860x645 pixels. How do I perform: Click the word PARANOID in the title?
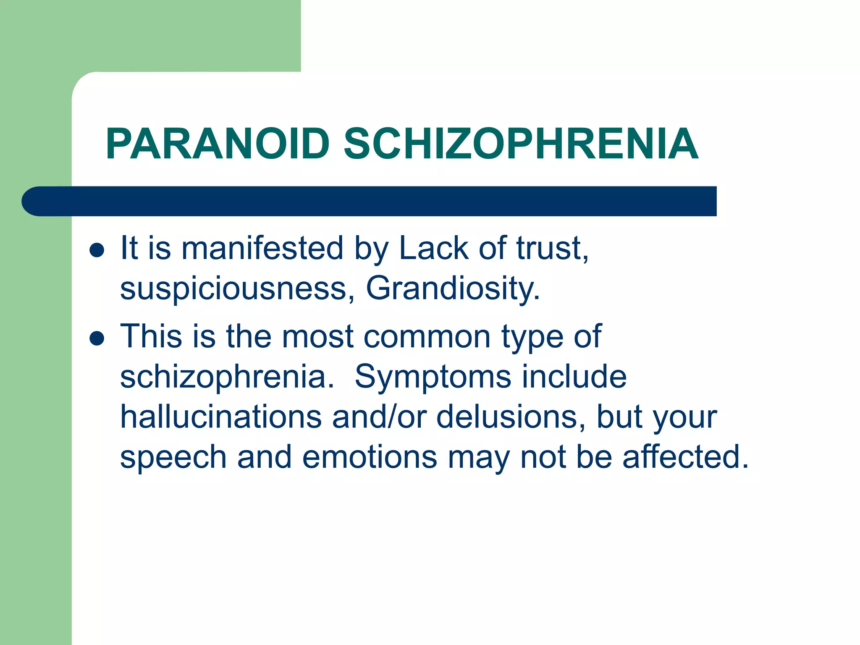[x=218, y=144]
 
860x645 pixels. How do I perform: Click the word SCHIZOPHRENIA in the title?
[x=521, y=144]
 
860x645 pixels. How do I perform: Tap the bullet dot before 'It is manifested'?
[x=97, y=250]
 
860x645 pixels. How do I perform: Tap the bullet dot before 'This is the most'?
[x=97, y=338]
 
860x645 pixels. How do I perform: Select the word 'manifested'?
[x=262, y=249]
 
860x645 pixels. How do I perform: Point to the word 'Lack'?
[x=433, y=249]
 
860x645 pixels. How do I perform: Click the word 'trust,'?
[x=552, y=249]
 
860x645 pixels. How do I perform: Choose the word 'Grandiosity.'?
[x=453, y=289]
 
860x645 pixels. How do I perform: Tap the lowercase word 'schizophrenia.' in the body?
[x=227, y=377]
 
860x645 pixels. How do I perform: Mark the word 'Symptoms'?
[x=433, y=377]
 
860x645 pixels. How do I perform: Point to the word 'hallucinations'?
[x=221, y=417]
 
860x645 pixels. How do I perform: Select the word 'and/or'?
[x=379, y=417]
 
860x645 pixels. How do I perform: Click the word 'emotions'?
[x=370, y=457]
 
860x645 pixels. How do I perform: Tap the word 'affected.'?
[x=685, y=457]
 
